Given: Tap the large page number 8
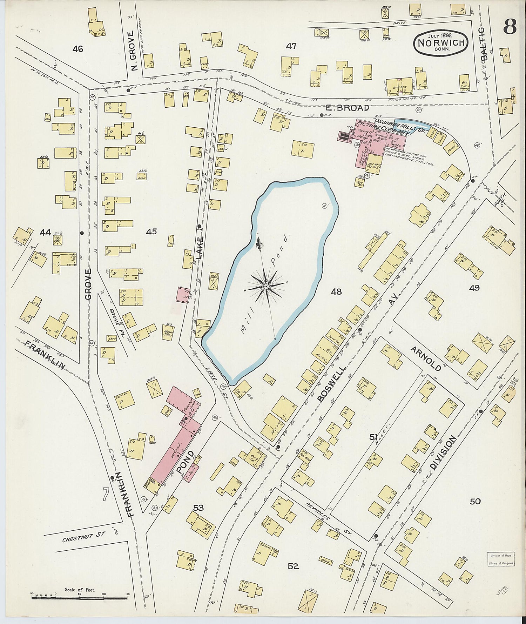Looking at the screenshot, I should [x=510, y=27].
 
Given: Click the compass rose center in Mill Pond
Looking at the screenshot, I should [x=266, y=287].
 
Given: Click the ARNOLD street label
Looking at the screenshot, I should [x=426, y=358].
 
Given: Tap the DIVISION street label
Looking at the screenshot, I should [x=443, y=453].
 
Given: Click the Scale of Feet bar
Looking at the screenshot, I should [x=80, y=596].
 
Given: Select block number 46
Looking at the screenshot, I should [x=78, y=49].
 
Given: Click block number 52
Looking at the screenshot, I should [x=293, y=566].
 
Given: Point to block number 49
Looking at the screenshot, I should [x=474, y=288].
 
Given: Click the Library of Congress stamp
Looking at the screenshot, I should [x=500, y=559].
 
